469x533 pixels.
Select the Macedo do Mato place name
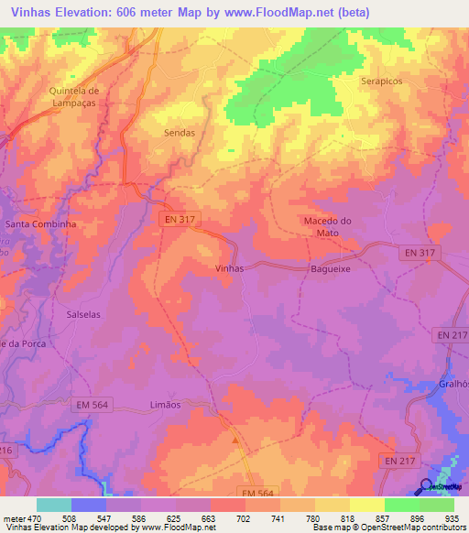[x=327, y=227]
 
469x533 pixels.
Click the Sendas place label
[x=179, y=133]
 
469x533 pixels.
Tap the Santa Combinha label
[x=40, y=223]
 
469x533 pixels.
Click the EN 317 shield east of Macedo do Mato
[x=422, y=252]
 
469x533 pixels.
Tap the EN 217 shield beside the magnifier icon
[x=398, y=461]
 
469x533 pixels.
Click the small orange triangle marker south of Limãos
[x=235, y=441]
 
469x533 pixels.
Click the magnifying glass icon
[x=427, y=485]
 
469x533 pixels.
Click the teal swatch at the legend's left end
[x=54, y=505]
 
